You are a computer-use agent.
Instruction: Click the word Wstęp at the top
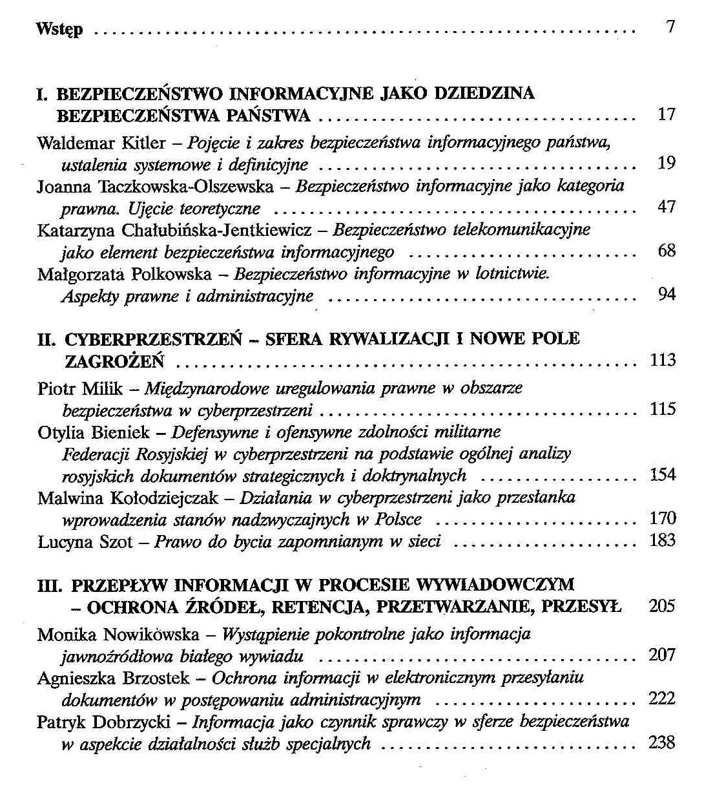click(59, 29)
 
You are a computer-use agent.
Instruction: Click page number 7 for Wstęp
click(670, 27)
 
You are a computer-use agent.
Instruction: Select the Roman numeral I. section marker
click(43, 94)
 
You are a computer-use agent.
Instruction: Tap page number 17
click(666, 114)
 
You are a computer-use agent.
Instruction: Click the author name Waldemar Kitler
click(101, 142)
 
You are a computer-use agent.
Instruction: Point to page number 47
click(666, 207)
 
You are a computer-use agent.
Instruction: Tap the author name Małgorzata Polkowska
click(124, 274)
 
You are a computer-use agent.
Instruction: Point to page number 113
click(662, 360)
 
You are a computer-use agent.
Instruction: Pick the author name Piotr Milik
click(80, 388)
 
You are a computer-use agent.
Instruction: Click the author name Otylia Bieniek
click(94, 432)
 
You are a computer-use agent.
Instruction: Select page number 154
click(662, 475)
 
